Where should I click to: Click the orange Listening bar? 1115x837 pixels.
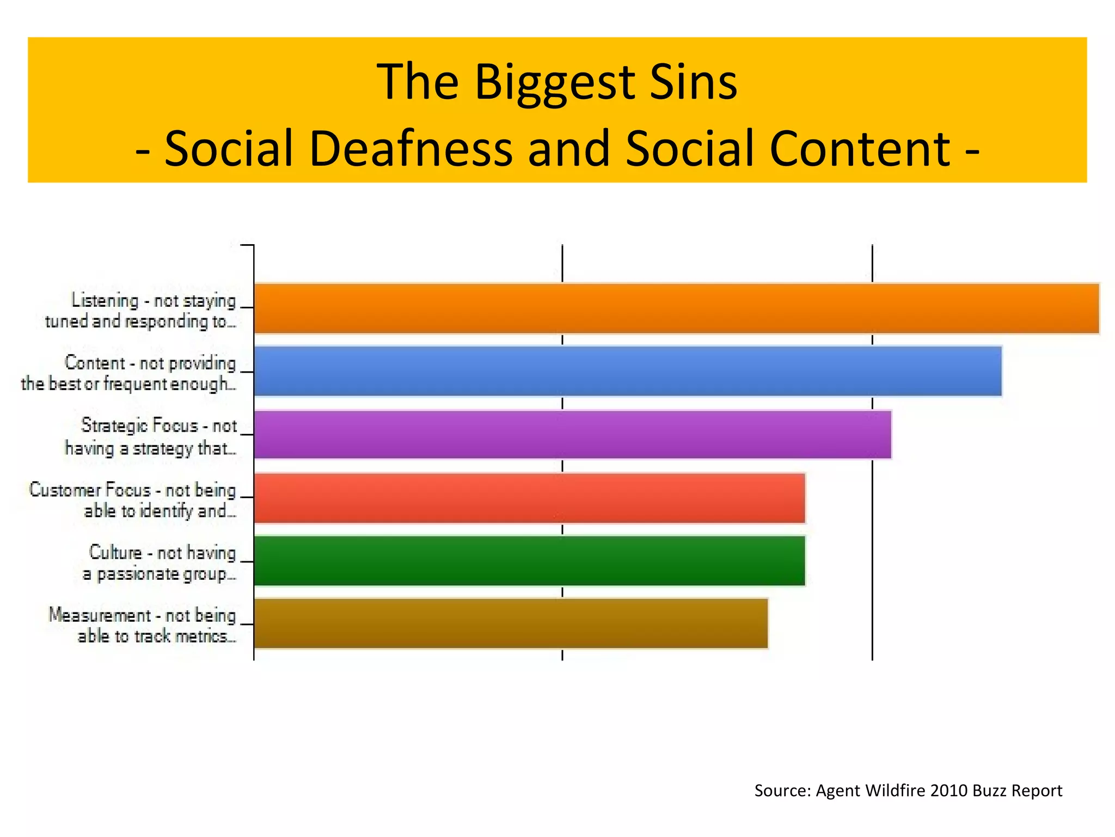coord(676,308)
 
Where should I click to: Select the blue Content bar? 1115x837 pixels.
coord(627,371)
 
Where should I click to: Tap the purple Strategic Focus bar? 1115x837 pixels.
coord(572,435)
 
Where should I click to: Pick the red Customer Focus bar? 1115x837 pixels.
coord(529,498)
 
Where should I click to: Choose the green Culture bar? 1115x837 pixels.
coord(529,561)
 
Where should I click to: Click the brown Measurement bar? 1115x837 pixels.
coord(511,623)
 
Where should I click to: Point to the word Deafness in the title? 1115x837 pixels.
coord(411,149)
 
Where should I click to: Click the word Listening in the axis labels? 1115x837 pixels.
coord(105,300)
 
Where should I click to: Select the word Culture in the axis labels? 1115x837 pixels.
coord(115,552)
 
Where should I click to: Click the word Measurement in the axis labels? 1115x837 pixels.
coord(100,615)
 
